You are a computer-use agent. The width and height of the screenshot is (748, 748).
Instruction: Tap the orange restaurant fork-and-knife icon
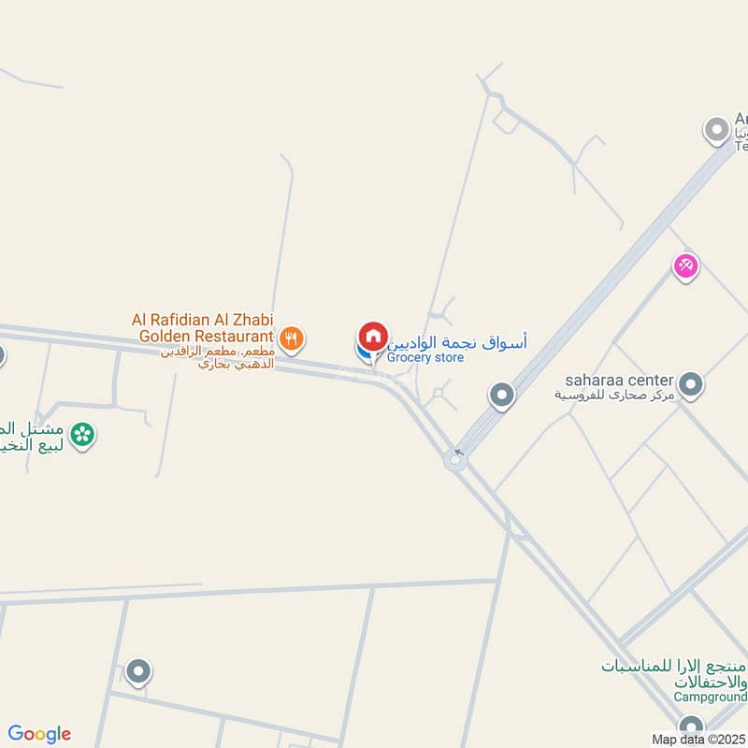(x=292, y=338)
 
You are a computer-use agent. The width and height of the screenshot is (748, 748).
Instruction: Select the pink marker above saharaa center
(x=686, y=266)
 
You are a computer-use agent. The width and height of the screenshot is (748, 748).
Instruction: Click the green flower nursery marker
(x=83, y=434)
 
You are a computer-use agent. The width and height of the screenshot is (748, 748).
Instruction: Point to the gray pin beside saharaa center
(x=691, y=383)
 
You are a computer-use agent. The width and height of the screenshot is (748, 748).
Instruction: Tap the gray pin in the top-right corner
(x=717, y=130)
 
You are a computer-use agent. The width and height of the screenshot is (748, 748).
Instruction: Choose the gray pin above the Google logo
(x=139, y=671)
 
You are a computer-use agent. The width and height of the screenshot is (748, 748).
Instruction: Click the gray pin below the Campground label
(x=691, y=726)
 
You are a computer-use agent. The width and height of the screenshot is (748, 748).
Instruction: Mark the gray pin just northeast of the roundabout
(x=502, y=396)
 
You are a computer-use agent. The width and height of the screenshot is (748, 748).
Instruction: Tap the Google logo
(x=39, y=734)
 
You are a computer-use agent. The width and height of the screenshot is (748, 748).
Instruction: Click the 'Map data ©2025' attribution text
(x=699, y=740)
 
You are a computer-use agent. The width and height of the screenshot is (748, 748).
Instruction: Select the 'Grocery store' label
(x=425, y=358)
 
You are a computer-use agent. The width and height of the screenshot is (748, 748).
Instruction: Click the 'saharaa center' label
(x=619, y=381)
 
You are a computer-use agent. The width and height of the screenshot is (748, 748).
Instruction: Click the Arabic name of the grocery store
(x=457, y=342)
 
